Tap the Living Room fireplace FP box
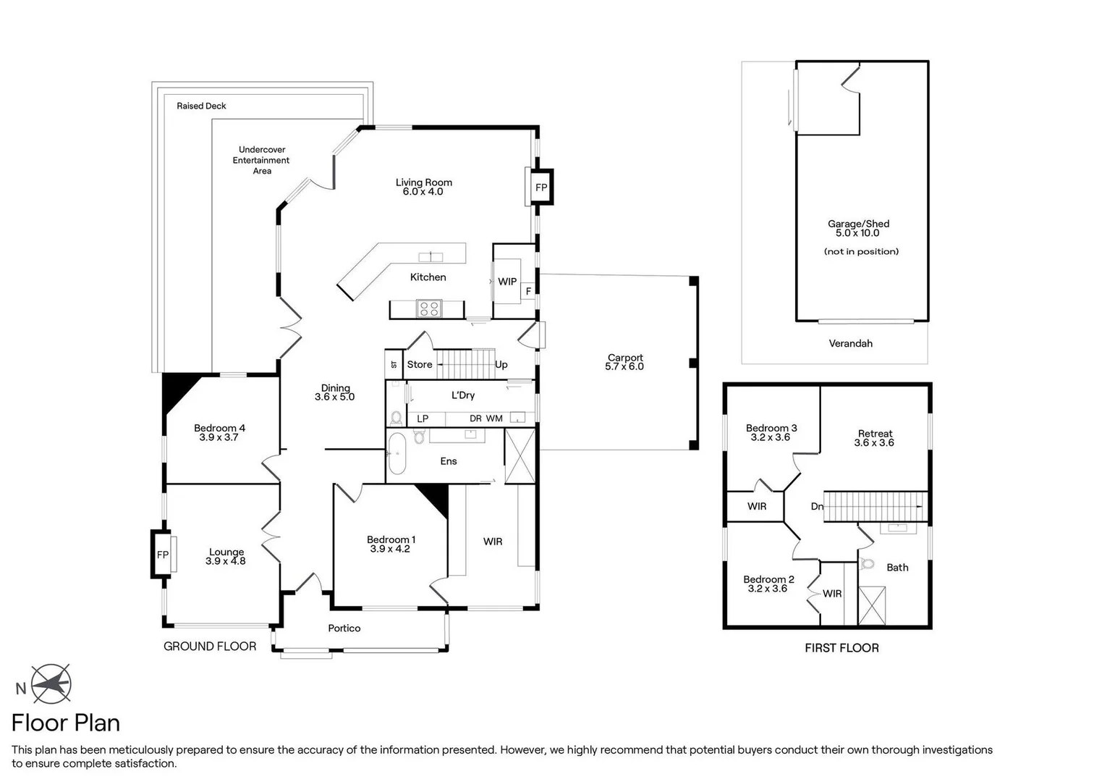540,188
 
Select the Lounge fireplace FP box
163,555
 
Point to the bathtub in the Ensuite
397,454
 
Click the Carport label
624,362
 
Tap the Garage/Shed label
858,228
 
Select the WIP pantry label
507,282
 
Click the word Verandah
850,343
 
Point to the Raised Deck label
201,106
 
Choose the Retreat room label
875,438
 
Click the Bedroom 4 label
219,432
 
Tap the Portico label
344,628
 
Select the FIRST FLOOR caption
841,648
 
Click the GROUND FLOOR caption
210,647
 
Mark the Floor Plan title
66,723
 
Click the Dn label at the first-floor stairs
817,506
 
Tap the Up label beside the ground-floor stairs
501,365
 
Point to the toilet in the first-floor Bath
868,563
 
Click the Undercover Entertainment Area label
261,160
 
